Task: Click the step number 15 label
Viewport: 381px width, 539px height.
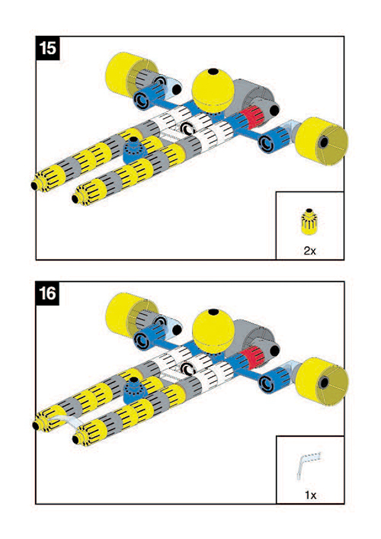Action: (x=47, y=48)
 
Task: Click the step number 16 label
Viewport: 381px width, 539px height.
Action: (x=47, y=294)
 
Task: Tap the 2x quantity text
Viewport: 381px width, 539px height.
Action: (x=309, y=251)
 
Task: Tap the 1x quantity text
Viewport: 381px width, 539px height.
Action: (x=310, y=495)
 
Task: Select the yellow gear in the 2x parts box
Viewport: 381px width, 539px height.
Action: (x=309, y=221)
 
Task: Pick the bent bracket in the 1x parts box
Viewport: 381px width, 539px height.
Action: (x=308, y=465)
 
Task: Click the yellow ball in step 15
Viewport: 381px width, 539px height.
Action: (x=213, y=91)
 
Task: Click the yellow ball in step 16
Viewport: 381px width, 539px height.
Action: (x=213, y=331)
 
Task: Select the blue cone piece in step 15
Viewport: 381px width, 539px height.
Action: (x=134, y=150)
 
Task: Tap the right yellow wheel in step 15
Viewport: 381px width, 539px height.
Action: (x=322, y=142)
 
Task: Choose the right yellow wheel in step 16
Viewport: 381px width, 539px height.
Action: (x=322, y=382)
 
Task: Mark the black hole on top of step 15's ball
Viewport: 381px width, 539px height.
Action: (x=213, y=72)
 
